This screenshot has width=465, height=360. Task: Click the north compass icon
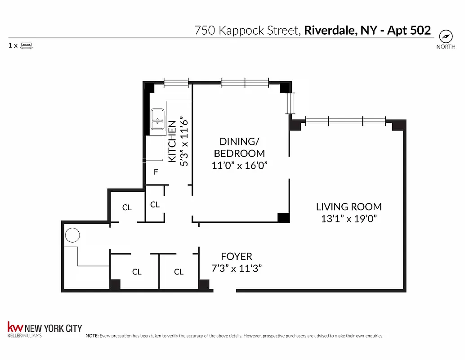tap(446, 36)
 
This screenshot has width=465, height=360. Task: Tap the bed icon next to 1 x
tap(27, 45)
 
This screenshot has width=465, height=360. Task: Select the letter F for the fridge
tap(156, 172)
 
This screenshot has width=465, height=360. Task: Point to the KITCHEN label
tap(172, 142)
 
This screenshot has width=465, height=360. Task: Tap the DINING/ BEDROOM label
tap(239, 147)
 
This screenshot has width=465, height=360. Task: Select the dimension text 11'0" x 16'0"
tap(239, 165)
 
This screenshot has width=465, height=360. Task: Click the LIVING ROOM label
tap(349, 207)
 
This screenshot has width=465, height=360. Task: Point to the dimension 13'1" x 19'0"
tap(349, 219)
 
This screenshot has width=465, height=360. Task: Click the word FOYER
tap(237, 256)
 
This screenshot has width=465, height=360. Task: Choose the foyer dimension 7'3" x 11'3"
tap(237, 268)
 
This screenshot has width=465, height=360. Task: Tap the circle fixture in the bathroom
tap(72, 235)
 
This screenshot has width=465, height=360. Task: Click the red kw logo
tap(15, 327)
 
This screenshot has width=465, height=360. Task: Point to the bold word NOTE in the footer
tap(92, 336)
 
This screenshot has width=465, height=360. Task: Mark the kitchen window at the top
tap(176, 82)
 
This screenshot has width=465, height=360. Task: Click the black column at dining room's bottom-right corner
tap(284, 218)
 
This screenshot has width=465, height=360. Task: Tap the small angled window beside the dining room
tap(291, 103)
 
